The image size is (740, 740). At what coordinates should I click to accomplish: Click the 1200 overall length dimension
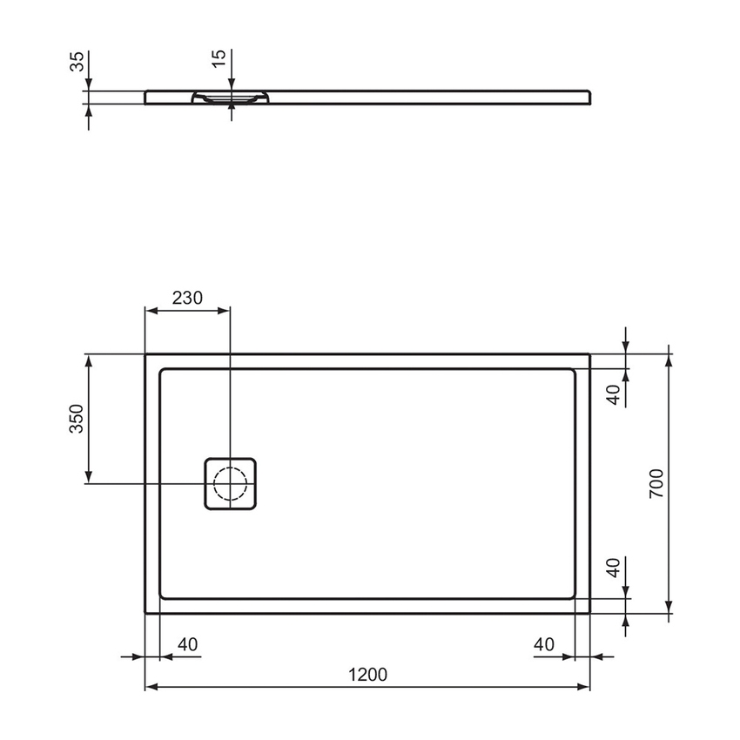point(367,674)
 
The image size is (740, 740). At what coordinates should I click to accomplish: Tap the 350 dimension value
point(77,419)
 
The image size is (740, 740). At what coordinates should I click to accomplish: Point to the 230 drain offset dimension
point(186,297)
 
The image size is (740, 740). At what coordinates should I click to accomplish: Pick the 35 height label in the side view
point(77,61)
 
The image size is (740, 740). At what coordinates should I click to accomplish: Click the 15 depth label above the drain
point(219,58)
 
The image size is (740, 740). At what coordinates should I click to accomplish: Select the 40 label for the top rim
point(614,394)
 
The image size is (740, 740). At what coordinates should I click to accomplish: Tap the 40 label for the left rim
point(187,644)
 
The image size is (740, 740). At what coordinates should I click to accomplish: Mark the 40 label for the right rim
point(544,644)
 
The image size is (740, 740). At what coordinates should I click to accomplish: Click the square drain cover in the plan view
point(231,483)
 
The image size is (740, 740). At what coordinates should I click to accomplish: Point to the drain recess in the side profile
point(231,98)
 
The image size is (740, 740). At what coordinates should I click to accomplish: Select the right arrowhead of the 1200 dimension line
point(585,688)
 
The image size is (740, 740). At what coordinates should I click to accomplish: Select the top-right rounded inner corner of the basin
point(571,373)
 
